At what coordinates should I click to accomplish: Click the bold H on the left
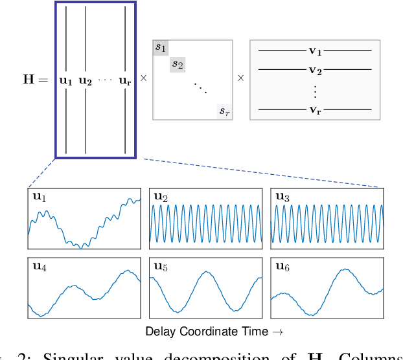coord(29,80)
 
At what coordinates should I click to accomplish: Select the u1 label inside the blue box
coord(66,81)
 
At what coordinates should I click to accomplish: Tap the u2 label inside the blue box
coord(86,81)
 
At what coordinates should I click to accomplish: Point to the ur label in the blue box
coord(125,81)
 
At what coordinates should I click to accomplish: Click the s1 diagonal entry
coord(160,47)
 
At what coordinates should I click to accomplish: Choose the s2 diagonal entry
coord(177,63)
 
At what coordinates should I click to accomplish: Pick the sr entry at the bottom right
coord(224,111)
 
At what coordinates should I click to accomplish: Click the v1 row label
coord(316,49)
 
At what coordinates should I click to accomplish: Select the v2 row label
coord(316,69)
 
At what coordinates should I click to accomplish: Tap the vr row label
coord(316,109)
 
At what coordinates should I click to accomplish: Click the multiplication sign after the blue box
coord(144,78)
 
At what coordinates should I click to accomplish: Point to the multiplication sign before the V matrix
coord(240,78)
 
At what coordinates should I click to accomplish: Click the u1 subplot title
coord(39,197)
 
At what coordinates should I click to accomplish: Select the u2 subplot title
coord(160,197)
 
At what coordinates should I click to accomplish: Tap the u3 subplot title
coord(282,197)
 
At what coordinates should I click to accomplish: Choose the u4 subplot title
coord(39,266)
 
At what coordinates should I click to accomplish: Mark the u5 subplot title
coord(160,266)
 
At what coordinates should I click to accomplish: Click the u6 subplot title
coord(282,266)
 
